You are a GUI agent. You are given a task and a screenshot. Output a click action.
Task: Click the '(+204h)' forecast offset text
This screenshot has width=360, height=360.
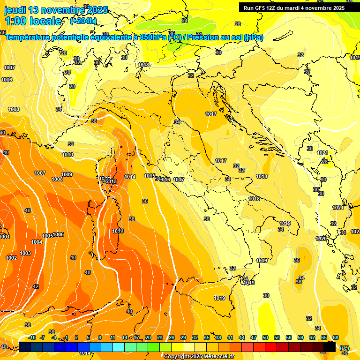(83, 21)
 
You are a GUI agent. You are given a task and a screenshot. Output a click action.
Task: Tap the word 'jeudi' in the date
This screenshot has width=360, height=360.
(15, 10)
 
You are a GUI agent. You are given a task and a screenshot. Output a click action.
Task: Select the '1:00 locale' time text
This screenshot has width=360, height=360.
(33, 21)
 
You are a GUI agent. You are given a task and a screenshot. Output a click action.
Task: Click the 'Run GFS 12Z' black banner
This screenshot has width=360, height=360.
(294, 8)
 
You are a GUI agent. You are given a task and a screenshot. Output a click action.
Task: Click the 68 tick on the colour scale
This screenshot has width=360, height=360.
(336, 337)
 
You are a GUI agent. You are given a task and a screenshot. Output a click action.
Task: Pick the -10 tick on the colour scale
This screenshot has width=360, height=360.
(32, 337)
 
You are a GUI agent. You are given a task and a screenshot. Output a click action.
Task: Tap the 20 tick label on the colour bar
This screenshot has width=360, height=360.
(148, 337)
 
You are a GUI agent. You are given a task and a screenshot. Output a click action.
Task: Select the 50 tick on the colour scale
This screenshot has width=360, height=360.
(265, 337)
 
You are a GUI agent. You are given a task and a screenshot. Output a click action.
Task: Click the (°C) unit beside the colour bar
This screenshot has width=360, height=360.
(345, 347)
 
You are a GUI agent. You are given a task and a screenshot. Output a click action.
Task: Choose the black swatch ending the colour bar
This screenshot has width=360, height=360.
(330, 347)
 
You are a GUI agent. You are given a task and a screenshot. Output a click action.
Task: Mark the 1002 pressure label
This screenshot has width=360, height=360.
(11, 258)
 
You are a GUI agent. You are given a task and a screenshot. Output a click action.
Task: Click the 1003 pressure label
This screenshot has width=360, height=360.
(25, 253)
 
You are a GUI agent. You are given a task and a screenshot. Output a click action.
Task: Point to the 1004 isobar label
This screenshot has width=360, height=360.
(37, 242)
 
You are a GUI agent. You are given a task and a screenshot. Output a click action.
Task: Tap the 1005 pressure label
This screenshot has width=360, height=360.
(47, 236)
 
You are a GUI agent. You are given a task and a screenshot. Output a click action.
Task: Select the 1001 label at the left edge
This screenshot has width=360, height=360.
(5, 237)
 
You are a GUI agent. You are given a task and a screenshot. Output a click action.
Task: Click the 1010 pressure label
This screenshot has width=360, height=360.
(67, 155)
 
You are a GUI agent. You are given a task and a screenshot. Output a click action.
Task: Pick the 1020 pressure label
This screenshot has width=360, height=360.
(321, 239)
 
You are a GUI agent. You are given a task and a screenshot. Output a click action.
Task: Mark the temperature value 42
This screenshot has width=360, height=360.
(36, 286)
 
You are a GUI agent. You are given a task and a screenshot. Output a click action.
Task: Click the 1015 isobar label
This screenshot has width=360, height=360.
(150, 176)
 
